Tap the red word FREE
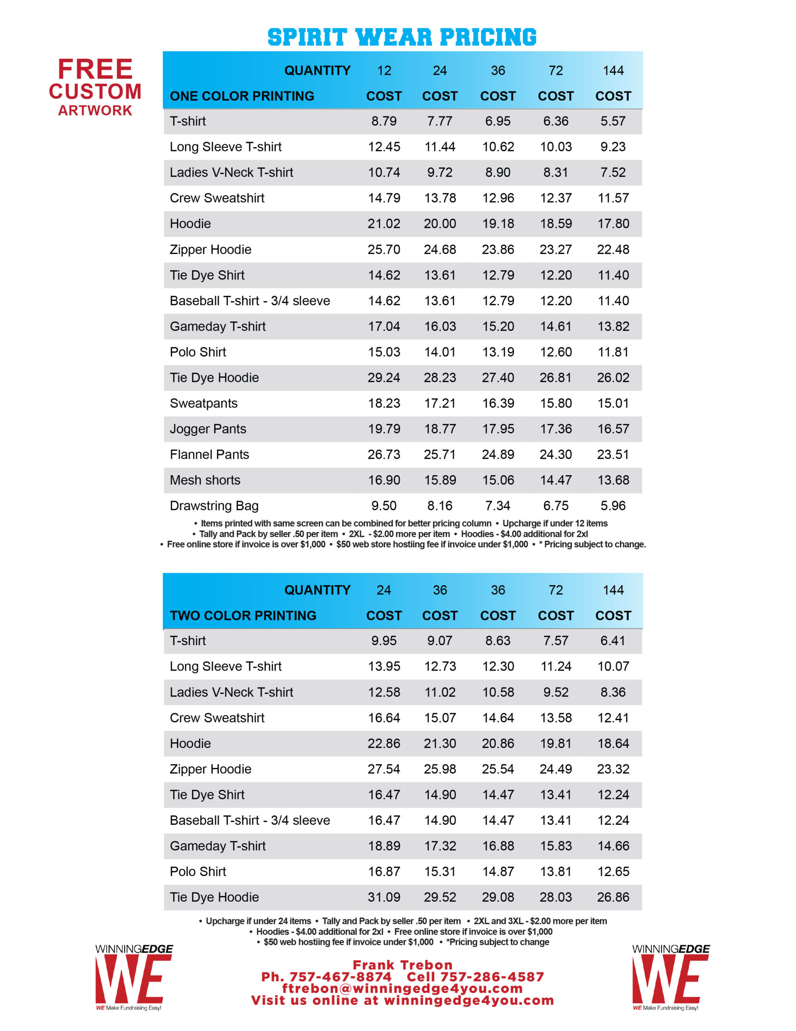click(95, 69)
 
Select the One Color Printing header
click(241, 96)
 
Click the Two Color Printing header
click(243, 615)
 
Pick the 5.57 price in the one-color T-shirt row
click(612, 121)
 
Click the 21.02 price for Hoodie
click(384, 224)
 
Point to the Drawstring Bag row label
click(214, 505)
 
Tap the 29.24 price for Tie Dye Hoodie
click(384, 378)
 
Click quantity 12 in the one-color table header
click(384, 70)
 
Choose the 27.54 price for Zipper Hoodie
click(384, 769)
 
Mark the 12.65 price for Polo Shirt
click(612, 872)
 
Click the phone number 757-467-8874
click(340, 977)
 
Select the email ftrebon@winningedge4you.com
click(402, 989)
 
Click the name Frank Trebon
click(402, 965)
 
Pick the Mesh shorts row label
click(205, 480)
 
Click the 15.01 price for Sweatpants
click(612, 403)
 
